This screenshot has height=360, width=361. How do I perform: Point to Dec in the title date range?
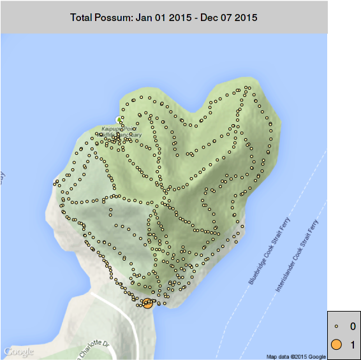[x=209, y=18]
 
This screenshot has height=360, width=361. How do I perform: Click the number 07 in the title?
[x=228, y=18]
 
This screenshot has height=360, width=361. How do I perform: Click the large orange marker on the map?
[x=148, y=303]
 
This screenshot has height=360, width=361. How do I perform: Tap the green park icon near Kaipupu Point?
[x=118, y=120]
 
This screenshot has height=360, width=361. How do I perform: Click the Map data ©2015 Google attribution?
[x=296, y=356]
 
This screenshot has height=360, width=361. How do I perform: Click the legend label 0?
[x=353, y=327]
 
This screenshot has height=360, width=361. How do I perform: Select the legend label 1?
[x=353, y=345]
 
